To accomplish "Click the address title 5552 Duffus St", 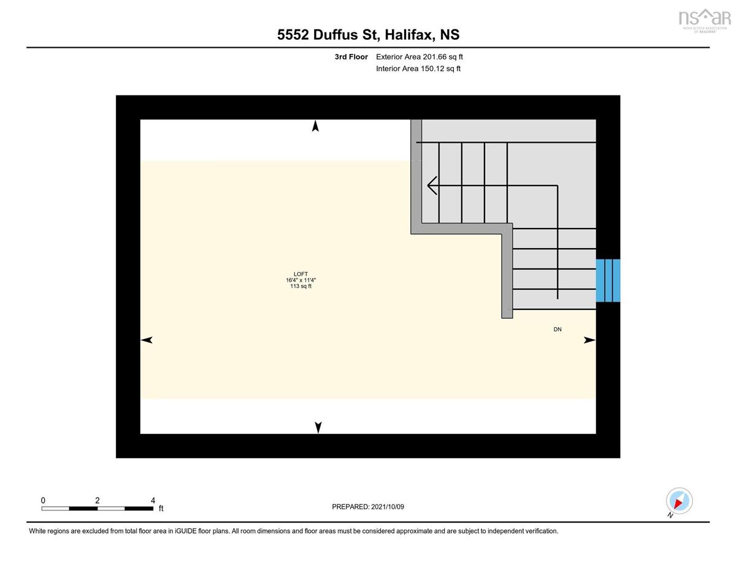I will point(368,34).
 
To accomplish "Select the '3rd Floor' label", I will point(351,57).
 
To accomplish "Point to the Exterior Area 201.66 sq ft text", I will point(419,57).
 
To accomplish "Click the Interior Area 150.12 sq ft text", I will point(418,69).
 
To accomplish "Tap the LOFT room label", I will point(301,274).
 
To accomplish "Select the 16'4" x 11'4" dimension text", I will point(301,280).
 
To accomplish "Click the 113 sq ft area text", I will point(301,286).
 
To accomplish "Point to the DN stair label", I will point(557,330).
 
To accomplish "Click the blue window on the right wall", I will point(608,280).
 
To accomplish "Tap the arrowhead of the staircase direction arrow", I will point(432,185).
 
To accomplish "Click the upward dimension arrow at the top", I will point(315,126).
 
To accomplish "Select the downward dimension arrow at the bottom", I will point(318,427).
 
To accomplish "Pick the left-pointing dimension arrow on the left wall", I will point(147,340).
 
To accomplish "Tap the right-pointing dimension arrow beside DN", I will point(589,340).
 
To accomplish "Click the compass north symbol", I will point(678,502).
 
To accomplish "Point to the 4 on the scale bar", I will point(153,501).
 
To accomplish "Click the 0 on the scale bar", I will point(43,501).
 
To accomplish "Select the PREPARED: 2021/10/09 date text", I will point(368,507).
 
